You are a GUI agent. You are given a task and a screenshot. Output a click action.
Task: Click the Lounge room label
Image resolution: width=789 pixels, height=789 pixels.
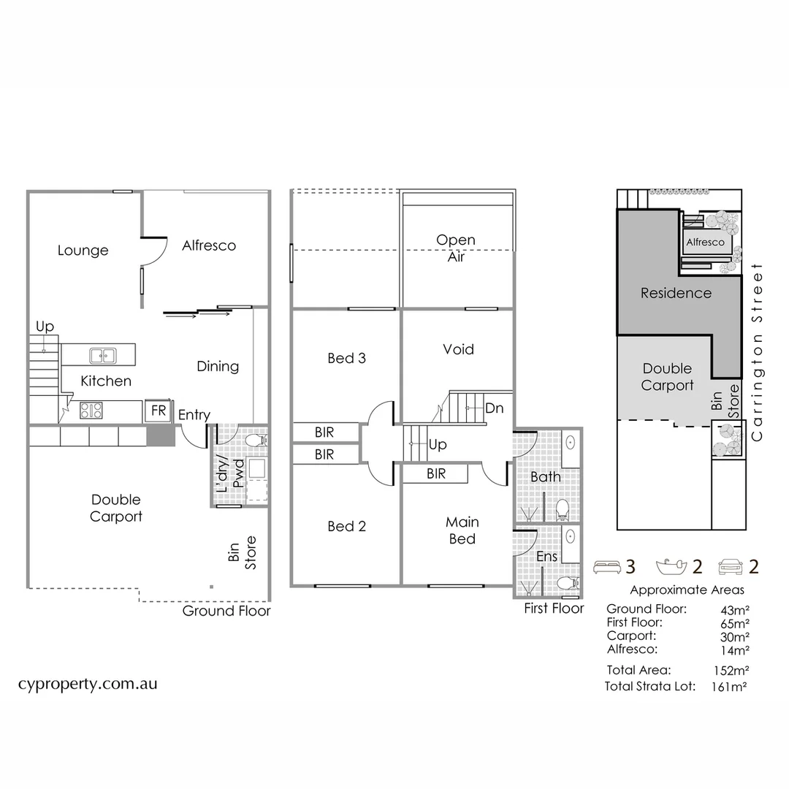point(83,251)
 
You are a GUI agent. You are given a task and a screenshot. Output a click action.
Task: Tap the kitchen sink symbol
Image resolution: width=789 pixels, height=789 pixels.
point(102,356)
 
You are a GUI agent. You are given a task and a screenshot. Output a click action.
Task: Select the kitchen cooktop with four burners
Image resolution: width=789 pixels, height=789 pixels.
point(91,411)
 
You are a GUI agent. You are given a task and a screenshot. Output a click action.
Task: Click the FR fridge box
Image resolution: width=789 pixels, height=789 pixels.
point(158,411)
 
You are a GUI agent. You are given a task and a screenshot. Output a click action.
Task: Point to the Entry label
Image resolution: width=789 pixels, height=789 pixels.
point(194,415)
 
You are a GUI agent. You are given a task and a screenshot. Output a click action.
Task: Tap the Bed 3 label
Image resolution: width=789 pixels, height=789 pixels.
point(346,358)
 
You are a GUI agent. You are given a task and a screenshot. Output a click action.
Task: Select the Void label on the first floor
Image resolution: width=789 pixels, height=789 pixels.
point(458,349)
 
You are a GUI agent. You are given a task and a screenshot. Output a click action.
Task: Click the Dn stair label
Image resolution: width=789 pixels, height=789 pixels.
point(494,408)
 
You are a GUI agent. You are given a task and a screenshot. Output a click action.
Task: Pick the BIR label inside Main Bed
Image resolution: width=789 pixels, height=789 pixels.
point(435,473)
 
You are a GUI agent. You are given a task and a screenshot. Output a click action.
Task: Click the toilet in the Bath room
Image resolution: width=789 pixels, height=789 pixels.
point(563,507)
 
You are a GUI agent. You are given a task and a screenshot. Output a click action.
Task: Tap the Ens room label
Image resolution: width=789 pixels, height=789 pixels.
point(546,557)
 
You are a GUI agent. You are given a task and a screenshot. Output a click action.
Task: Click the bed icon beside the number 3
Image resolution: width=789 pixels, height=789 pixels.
point(606,566)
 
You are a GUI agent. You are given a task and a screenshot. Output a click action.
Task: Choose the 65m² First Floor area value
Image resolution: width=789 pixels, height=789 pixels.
point(733,623)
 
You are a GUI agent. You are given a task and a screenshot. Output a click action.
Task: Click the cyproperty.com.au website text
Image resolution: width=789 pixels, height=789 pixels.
point(88,685)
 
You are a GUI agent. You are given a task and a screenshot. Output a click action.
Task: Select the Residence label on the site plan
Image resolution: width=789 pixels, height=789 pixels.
point(676,293)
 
